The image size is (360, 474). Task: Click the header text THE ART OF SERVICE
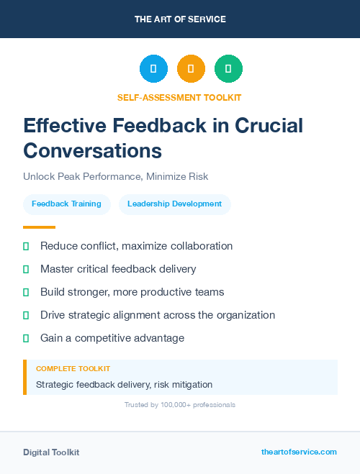coord(180,19)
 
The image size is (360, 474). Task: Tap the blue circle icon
coord(153,69)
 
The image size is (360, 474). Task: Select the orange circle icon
coord(191,69)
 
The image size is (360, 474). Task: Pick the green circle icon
coord(228,69)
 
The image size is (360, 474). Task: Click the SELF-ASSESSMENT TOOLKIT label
coord(179,97)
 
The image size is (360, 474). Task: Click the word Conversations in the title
coord(92,150)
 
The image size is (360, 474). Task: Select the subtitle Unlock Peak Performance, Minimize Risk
coord(115,176)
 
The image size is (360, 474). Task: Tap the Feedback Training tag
coord(66,204)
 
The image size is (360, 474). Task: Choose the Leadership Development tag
coord(174,204)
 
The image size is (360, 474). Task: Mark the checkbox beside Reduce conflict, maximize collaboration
coord(26,246)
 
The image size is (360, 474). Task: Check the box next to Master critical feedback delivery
coord(26,269)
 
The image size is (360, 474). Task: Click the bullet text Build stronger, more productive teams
coord(132,292)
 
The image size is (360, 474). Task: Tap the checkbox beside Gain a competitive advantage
coord(26,338)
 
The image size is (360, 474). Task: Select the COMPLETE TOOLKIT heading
coord(73,369)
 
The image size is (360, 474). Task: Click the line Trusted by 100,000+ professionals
coord(180,405)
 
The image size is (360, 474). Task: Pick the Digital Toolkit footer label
coord(51,452)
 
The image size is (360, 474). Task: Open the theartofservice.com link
coord(299,452)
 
